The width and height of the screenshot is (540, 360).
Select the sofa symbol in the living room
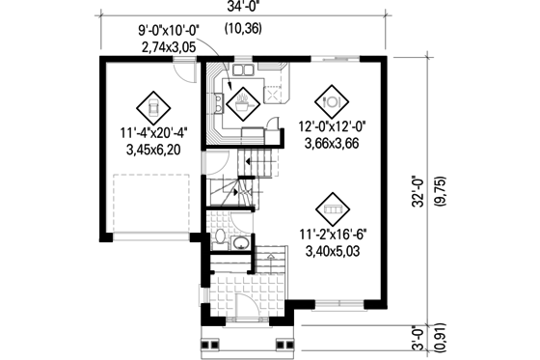pos(331,207)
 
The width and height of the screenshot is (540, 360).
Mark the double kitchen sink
pos(241,70)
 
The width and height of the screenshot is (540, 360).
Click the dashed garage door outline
pos(150,203)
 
